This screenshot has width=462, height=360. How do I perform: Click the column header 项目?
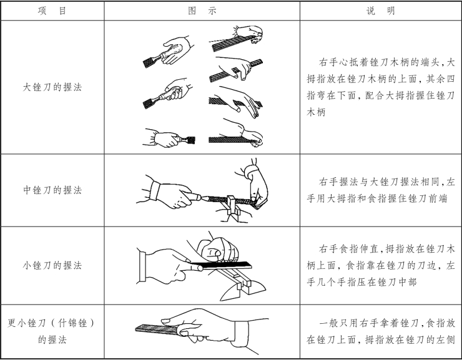pyautogui.click(x=52, y=11)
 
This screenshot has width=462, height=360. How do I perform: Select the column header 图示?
pyautogui.click(x=202, y=11)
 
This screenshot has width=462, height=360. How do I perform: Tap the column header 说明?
pyautogui.click(x=380, y=11)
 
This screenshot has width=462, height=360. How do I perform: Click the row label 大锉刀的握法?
pyautogui.click(x=52, y=87)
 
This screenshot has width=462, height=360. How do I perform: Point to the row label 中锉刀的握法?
pyautogui.click(x=52, y=190)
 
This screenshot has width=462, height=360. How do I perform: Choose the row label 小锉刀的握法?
pyautogui.click(x=52, y=265)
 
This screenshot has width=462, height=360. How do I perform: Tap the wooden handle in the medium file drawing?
pyautogui.click(x=194, y=197)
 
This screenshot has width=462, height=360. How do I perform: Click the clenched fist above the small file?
pyautogui.click(x=217, y=250)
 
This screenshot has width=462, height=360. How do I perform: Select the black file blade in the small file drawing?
pyautogui.click(x=221, y=265)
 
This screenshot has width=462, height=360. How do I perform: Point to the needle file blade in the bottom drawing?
pyautogui.click(x=157, y=329)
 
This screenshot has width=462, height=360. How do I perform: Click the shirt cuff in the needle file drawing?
pyautogui.click(x=242, y=334)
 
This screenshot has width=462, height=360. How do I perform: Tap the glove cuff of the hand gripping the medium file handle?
pyautogui.click(x=155, y=191)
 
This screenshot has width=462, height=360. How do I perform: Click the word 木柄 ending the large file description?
pyautogui.click(x=316, y=112)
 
